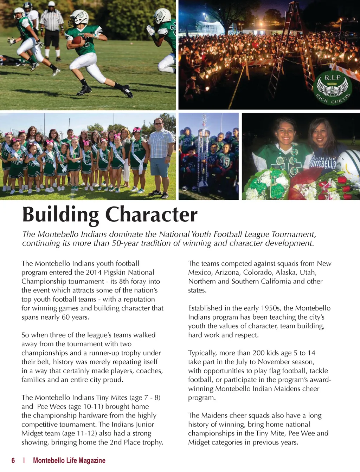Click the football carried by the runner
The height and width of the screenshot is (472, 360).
[x=77, y=40]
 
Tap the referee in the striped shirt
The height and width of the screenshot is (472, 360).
[x=52, y=28]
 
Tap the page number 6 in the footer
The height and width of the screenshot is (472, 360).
[x=13, y=460]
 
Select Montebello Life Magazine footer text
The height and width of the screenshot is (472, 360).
[x=69, y=460]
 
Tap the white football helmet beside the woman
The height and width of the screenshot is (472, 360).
[x=350, y=165]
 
